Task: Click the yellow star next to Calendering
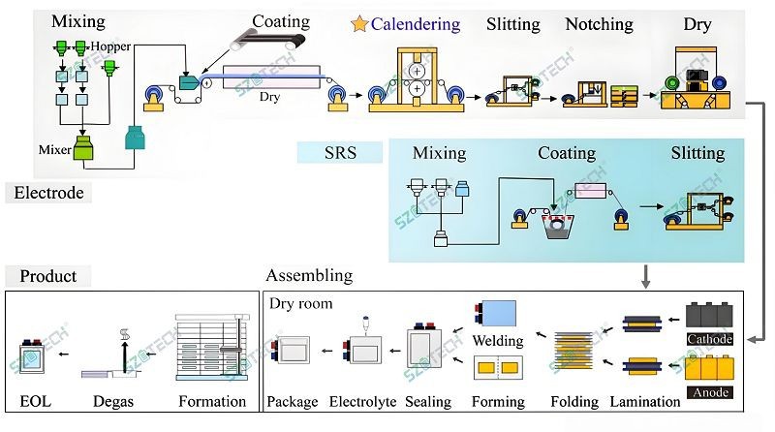(358, 23)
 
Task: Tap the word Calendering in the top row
(415, 24)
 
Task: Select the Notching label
(599, 24)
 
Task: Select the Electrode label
(48, 193)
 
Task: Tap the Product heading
(48, 276)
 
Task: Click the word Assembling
(309, 276)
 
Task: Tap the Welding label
(497, 341)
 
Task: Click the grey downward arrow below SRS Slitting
(645, 277)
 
